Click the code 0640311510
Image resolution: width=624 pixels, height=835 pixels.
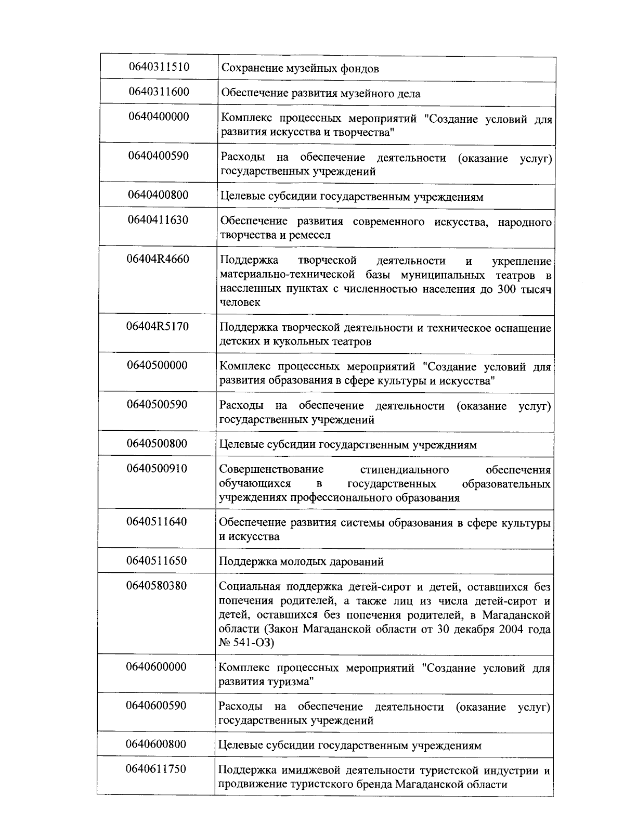click(159, 67)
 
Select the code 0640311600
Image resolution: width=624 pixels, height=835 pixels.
click(159, 92)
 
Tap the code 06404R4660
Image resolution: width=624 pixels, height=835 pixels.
click(158, 259)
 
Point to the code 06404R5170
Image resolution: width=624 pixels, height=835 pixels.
click(158, 327)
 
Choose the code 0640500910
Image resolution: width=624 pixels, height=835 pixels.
click(157, 469)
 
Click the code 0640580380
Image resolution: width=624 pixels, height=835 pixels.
click(157, 586)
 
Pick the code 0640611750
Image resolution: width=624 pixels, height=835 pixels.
click(156, 769)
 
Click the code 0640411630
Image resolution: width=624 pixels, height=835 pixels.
click(158, 220)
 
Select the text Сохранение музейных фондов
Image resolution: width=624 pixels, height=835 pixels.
click(300, 69)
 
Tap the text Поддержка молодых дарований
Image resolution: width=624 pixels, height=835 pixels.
click(301, 562)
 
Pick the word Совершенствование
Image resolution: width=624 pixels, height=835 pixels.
click(271, 470)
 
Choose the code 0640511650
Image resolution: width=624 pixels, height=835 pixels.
click(157, 561)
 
